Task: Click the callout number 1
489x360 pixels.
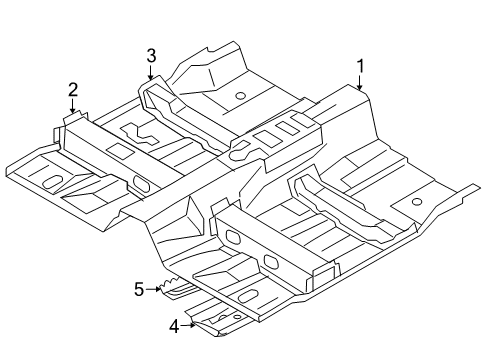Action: pos(360,66)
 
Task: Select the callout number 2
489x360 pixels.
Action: pos(73,90)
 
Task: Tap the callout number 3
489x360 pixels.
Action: pos(151,56)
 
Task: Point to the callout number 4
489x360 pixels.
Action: pos(174,327)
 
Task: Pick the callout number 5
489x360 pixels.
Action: pos(139,289)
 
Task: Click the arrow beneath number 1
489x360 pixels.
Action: pos(360,83)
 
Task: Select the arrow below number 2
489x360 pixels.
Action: pos(73,106)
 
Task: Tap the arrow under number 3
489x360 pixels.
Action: pos(151,73)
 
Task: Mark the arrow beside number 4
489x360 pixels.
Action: pos(188,325)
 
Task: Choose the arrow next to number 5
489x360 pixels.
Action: pos(153,289)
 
